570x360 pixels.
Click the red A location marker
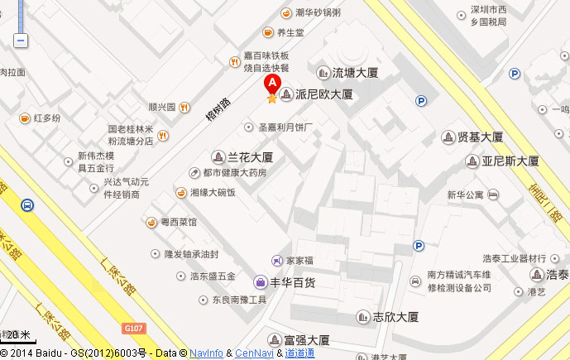click(271, 84)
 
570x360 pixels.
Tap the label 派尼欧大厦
click(323, 94)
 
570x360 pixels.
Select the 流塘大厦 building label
click(355, 73)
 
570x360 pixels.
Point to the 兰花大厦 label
click(251, 156)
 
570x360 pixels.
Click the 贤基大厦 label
click(481, 137)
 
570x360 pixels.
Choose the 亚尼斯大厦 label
click(510, 161)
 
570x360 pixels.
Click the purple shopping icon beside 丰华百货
click(260, 281)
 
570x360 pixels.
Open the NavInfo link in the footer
click(206, 353)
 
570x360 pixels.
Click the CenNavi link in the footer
click(255, 353)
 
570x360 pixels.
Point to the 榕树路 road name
click(218, 110)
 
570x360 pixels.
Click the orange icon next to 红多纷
click(25, 118)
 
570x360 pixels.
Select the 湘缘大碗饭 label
click(213, 193)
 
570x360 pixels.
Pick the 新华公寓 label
click(464, 195)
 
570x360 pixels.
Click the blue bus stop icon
click(27, 204)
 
